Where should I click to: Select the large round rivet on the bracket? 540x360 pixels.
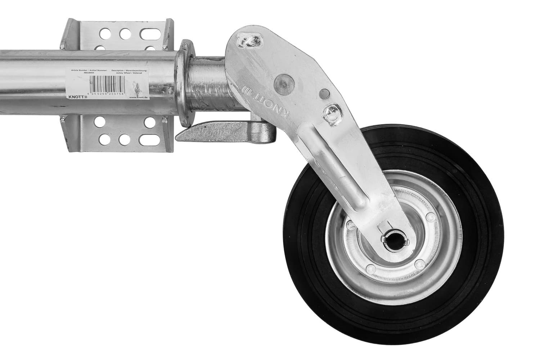pyautogui.click(x=283, y=83)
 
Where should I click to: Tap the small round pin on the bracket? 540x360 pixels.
pyautogui.click(x=323, y=94)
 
